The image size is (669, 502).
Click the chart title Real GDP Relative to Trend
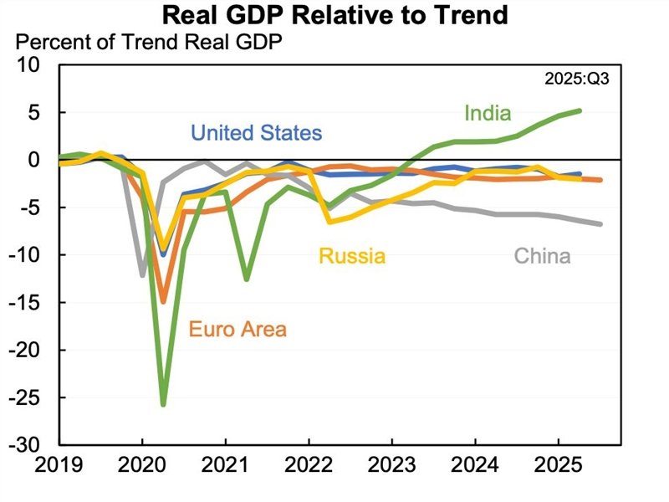(334, 16)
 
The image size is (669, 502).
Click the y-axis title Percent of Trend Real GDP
(149, 42)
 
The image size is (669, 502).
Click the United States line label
(256, 133)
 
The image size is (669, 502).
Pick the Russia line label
(351, 256)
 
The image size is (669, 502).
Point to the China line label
(542, 256)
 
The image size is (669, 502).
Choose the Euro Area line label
(237, 329)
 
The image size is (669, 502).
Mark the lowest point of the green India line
(163, 405)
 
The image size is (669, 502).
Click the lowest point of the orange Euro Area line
(163, 301)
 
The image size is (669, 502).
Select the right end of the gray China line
(600, 223)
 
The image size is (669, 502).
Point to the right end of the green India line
(580, 110)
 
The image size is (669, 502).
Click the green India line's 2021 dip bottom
(246, 279)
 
